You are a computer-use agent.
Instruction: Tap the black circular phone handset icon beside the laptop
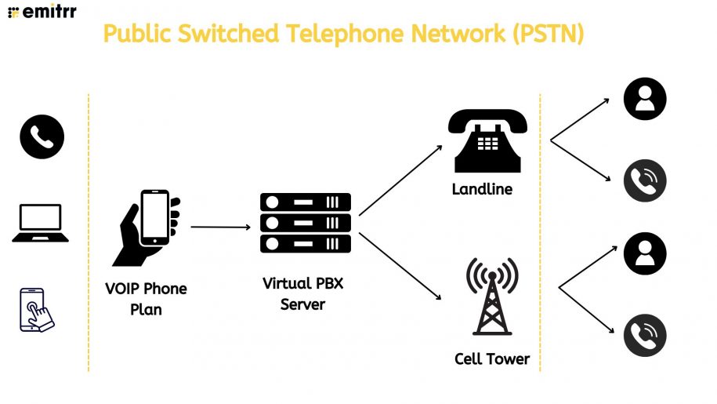point(42,136)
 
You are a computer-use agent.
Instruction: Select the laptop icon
point(40,223)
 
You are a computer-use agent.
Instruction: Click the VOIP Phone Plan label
point(146,299)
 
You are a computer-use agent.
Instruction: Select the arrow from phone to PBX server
point(219,227)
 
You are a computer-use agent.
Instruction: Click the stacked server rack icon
point(305,223)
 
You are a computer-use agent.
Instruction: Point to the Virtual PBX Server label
point(302,293)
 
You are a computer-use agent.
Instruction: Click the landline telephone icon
point(487,141)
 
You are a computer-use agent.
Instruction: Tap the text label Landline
point(482,189)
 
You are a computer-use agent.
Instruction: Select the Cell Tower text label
point(492,359)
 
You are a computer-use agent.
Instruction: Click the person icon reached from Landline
point(644,99)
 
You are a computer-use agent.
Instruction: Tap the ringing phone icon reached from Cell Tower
point(644,335)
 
